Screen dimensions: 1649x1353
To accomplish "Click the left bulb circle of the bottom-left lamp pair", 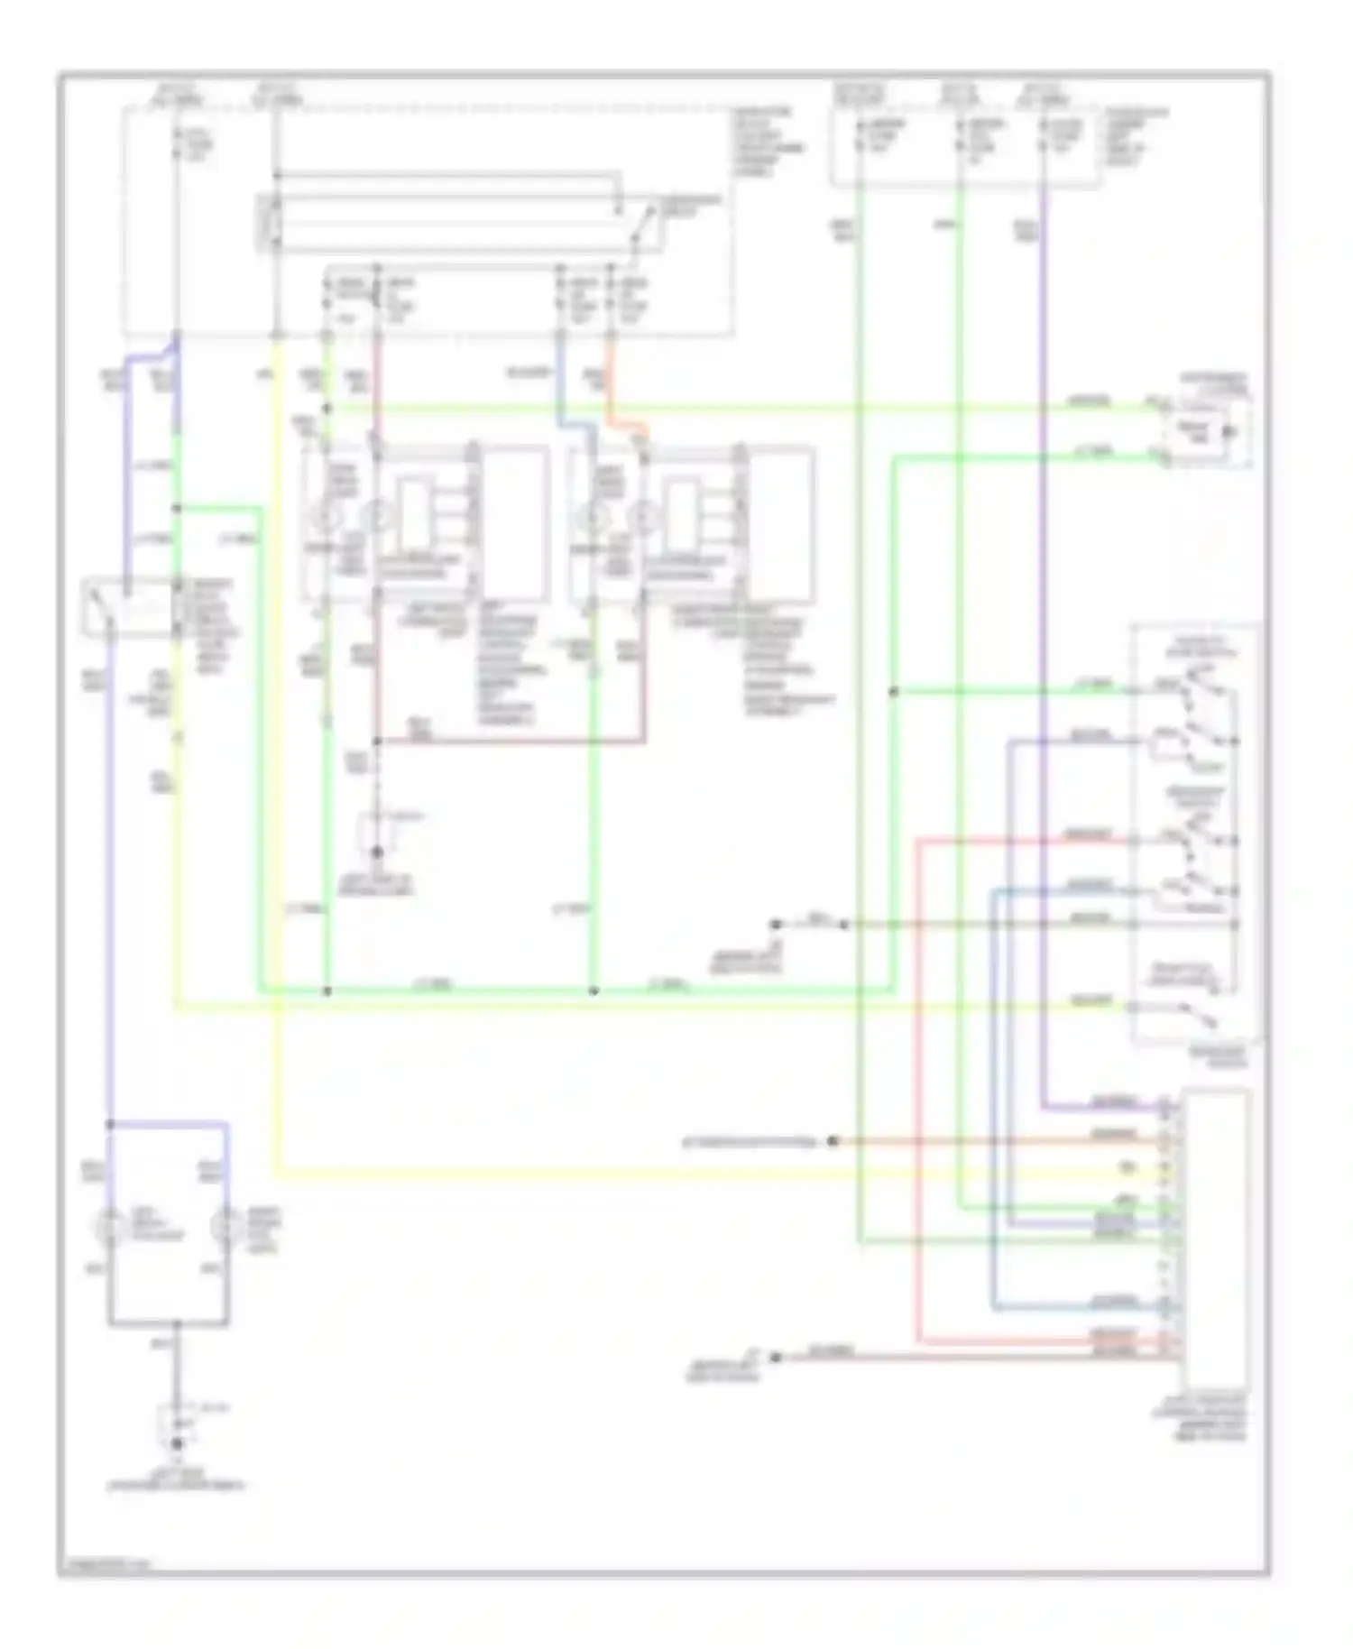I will pos(110,1227).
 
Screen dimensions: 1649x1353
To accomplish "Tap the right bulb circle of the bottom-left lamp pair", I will pos(225,1227).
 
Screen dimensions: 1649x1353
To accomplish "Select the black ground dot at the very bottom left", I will pos(177,1443).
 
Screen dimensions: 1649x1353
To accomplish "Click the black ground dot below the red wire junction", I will pos(377,851).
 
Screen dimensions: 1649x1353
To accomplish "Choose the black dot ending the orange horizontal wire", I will pos(833,1141).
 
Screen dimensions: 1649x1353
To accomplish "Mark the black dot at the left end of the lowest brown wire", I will pos(775,1357).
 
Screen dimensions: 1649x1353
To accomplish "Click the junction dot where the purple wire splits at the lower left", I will pos(110,1124).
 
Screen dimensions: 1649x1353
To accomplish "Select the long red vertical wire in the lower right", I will pos(918,1082).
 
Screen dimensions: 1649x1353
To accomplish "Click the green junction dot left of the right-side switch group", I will pos(893,692).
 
